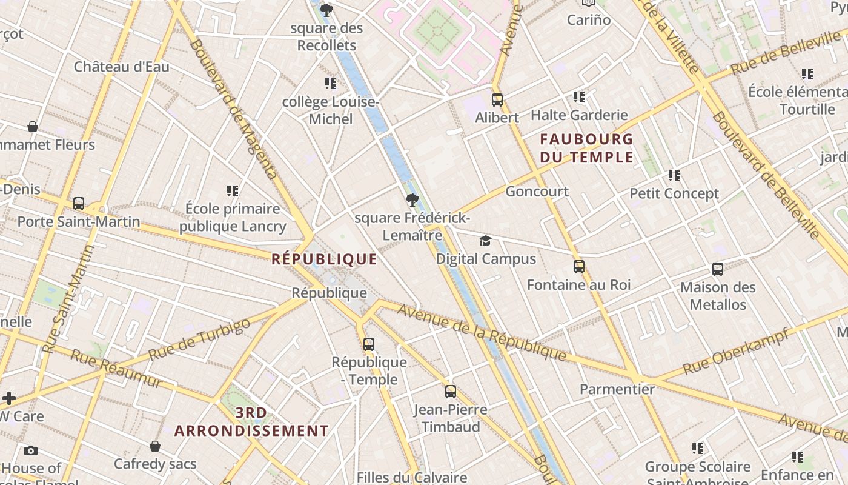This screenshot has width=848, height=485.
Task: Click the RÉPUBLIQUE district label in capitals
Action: click(324, 259)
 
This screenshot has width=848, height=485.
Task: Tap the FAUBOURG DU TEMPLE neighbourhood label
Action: click(586, 149)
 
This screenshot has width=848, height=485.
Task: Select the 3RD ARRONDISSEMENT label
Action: click(251, 422)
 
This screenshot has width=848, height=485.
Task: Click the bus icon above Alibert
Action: click(497, 100)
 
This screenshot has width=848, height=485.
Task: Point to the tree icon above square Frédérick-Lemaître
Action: click(412, 199)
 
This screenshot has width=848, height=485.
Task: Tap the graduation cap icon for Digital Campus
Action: click(485, 241)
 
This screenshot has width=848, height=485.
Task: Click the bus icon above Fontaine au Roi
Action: click(578, 267)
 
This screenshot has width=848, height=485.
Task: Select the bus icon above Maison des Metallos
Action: click(718, 269)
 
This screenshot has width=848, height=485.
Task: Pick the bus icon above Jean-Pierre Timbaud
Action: click(450, 392)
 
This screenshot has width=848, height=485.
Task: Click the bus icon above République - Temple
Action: click(369, 344)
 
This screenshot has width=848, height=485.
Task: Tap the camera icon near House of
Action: click(31, 450)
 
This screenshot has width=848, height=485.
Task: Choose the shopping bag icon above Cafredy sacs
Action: click(155, 447)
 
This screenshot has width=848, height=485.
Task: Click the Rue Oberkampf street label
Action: click(735, 351)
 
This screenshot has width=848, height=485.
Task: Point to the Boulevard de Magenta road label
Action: click(233, 109)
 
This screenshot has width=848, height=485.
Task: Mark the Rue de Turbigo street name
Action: click(199, 339)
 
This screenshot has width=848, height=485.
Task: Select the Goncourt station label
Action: click(537, 192)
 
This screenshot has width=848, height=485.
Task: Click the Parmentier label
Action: click(617, 389)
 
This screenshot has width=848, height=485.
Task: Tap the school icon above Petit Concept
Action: click(674, 176)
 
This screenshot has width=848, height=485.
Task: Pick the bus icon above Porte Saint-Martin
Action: click(79, 204)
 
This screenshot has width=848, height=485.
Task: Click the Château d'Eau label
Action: click(121, 67)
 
